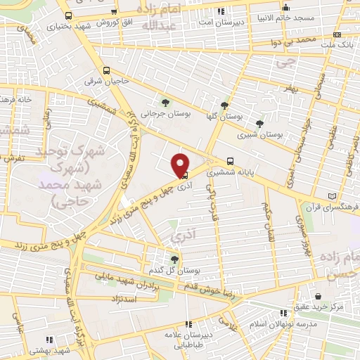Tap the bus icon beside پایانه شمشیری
(231, 160)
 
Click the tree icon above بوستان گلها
(224, 105)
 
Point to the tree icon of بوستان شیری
(259, 124)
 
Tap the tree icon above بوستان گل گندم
(174, 259)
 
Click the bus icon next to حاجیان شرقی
(107, 70)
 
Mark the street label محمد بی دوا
(295, 42)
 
